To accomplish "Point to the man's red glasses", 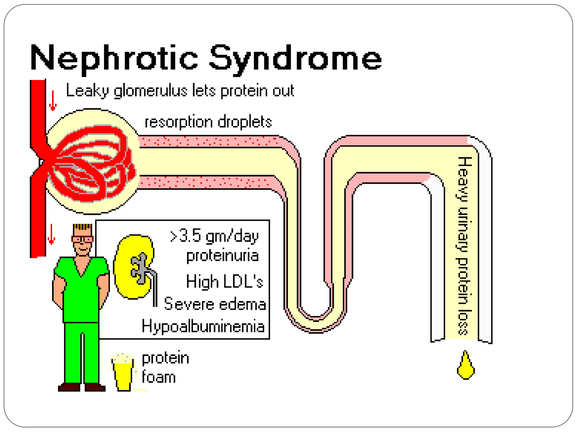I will pyautogui.click(x=82, y=239).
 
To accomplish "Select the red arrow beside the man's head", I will pyautogui.click(x=51, y=234).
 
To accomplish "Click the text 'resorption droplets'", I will pyautogui.click(x=208, y=122).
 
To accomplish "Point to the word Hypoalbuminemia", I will pyautogui.click(x=203, y=326).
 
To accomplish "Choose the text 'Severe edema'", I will pyautogui.click(x=215, y=304).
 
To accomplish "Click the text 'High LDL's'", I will pyautogui.click(x=225, y=281).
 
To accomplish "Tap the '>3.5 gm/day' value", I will pyautogui.click(x=214, y=236).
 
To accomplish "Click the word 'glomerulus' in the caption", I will pyautogui.click(x=150, y=91).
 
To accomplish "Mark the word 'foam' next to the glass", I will pyautogui.click(x=159, y=377).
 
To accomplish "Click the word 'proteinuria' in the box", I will pyautogui.click(x=222, y=256).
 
